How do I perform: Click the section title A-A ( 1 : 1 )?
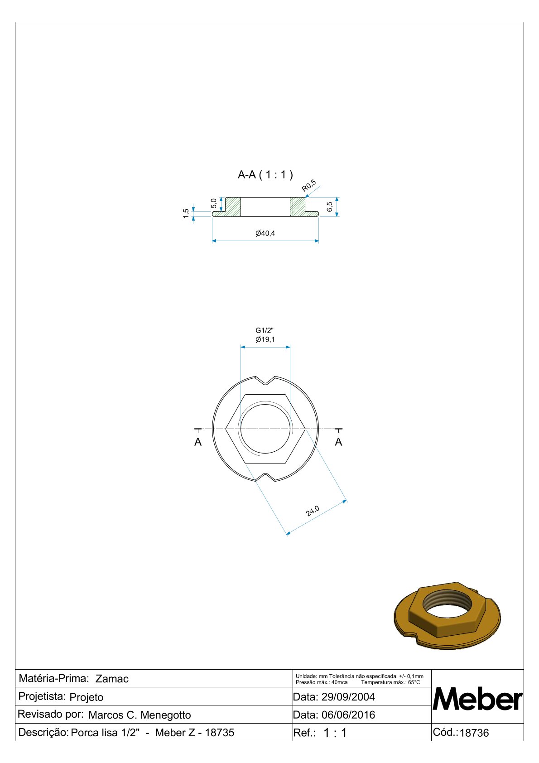pyautogui.click(x=265, y=175)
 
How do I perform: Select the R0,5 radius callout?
pyautogui.click(x=309, y=186)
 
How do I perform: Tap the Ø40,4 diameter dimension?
pyautogui.click(x=265, y=233)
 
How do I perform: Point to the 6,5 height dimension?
pyautogui.click(x=329, y=207)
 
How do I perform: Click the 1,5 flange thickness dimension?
pyautogui.click(x=186, y=213)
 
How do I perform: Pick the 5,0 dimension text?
pyautogui.click(x=213, y=203)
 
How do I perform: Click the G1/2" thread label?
pyautogui.click(x=265, y=330)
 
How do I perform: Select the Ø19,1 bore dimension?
pyautogui.click(x=265, y=339)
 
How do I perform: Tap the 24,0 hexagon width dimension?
pyautogui.click(x=312, y=511)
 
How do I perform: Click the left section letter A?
pyautogui.click(x=198, y=442)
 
